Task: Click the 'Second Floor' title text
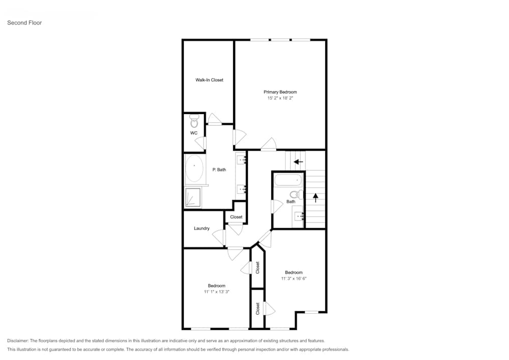24,23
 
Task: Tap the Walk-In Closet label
209,80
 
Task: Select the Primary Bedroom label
280,92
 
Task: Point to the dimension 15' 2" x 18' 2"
280,98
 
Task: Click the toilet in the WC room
194,122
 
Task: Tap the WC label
193,133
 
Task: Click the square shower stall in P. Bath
193,198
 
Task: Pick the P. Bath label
219,170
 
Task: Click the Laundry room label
202,228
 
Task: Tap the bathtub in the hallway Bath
288,181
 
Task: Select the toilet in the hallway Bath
294,194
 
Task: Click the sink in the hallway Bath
299,216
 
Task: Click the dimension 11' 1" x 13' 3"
216,292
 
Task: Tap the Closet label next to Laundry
236,217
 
